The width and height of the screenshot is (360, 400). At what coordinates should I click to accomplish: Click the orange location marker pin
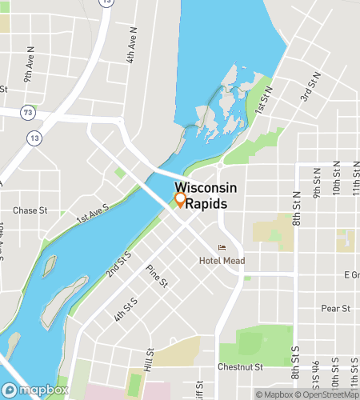pos(181,200)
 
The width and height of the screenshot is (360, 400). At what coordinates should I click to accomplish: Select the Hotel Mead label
pos(222,261)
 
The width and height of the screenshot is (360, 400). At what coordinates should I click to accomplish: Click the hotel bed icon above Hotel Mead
pos(222,247)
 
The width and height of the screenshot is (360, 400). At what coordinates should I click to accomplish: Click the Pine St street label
pos(157,276)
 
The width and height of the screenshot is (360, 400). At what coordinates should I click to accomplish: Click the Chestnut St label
pos(241,368)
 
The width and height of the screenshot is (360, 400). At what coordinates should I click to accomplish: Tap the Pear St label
pos(335,308)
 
